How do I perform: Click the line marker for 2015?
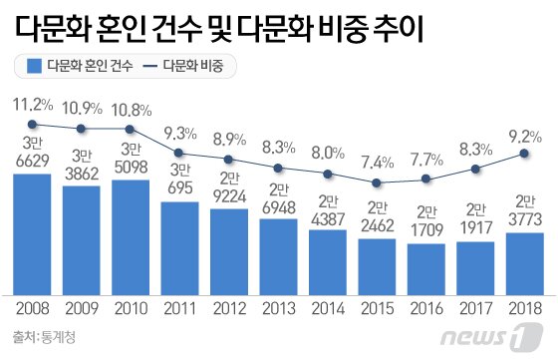click(x=378, y=184)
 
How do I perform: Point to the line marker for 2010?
click(x=132, y=129)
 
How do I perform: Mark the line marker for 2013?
click(x=279, y=170)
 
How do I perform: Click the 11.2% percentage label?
click(x=33, y=104)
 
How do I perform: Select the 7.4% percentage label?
click(x=378, y=163)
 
